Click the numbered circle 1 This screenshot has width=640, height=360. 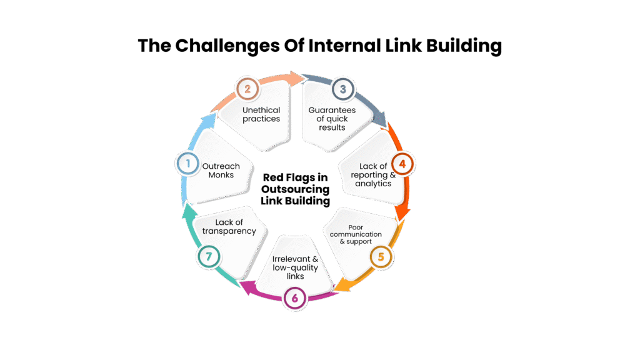pos(186,164)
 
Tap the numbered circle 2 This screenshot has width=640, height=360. pos(247,89)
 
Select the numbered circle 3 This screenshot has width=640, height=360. pos(342,89)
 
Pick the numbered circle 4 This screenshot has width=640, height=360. pos(403,164)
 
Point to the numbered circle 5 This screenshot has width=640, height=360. pos(381,256)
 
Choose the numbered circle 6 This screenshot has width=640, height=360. pos(294,298)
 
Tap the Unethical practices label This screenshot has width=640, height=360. pos(261,114)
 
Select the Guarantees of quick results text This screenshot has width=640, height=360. pos(332,118)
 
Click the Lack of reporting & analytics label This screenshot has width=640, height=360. pos(374,175)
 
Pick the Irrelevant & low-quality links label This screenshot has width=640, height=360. pos(295,267)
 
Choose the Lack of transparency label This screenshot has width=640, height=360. pos(229,226)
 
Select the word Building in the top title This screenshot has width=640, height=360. pos(459,46)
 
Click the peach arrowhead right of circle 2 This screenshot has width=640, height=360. pos(295,77)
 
